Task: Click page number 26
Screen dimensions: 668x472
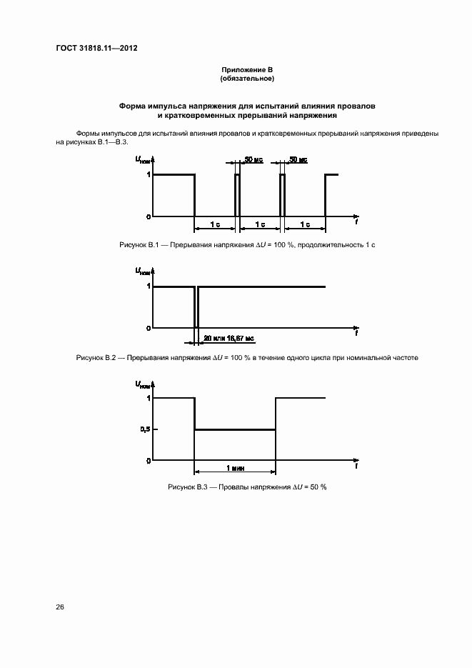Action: click(x=60, y=607)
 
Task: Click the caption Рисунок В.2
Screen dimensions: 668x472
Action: click(x=246, y=357)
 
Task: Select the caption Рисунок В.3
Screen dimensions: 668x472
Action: click(x=246, y=487)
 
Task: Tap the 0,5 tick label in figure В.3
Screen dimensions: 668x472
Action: click(x=145, y=429)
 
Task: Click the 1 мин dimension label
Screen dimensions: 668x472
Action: click(x=236, y=467)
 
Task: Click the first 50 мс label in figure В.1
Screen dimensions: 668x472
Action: click(x=253, y=160)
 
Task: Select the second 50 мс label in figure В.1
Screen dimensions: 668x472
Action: click(x=298, y=160)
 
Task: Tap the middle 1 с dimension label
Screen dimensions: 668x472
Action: click(x=260, y=224)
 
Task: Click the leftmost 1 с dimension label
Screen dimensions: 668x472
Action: click(x=215, y=224)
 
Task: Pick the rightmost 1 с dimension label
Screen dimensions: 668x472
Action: click(x=305, y=224)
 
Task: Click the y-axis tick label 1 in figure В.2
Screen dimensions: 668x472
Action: click(x=148, y=286)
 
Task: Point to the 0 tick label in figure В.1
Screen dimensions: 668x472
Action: click(x=148, y=216)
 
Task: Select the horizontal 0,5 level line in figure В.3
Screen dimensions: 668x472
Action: click(x=235, y=429)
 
